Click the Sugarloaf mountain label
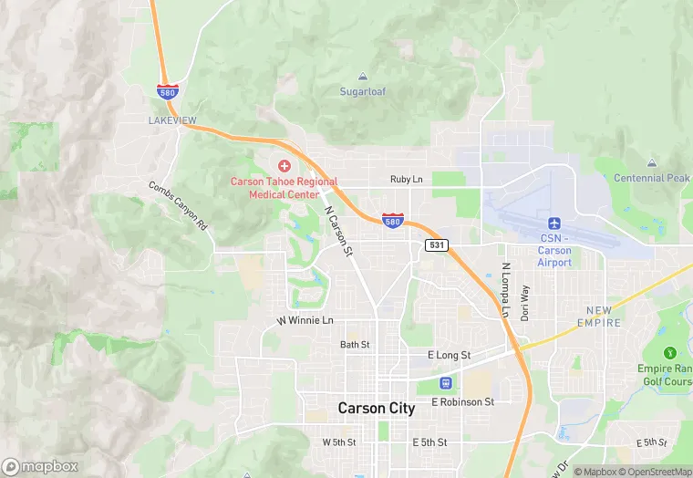364,92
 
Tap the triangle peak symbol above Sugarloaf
364,77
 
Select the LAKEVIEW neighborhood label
171,119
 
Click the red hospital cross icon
284,165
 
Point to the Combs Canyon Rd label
179,205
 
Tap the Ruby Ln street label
406,180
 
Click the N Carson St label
338,230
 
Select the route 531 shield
436,244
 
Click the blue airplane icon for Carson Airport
553,223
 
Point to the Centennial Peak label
651,178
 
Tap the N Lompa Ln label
504,291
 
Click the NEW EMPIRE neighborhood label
599,317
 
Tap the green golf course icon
671,352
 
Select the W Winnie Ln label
305,321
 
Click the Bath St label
355,345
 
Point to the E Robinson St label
462,401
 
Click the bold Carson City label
376,409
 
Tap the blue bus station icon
446,382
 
